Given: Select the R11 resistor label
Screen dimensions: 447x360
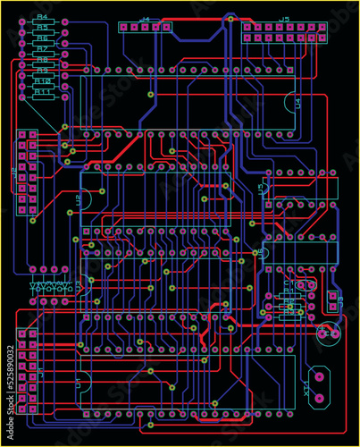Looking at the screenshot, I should (x=41, y=91).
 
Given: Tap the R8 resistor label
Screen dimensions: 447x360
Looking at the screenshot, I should (x=41, y=59).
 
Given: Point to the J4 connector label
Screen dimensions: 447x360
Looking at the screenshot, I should (x=145, y=18).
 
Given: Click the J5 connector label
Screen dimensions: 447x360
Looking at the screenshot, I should (x=283, y=18).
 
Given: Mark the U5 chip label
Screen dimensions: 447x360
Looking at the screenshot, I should (x=261, y=189).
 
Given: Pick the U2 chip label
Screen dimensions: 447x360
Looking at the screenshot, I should (x=79, y=200).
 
